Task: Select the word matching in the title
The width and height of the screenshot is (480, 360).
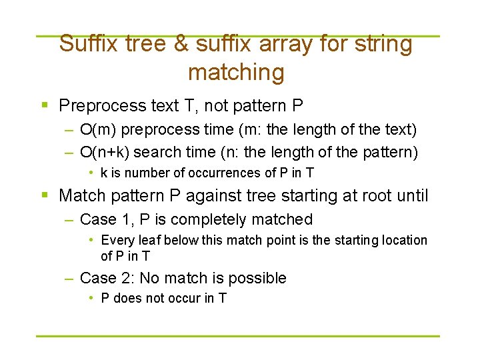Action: click(236, 72)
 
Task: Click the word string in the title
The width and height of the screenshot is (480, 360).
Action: click(385, 45)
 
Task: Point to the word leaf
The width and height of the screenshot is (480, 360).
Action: click(148, 240)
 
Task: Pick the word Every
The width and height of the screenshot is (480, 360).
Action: click(117, 240)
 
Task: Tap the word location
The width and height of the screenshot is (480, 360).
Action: click(403, 240)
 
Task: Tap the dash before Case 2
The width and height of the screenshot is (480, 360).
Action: click(69, 278)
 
